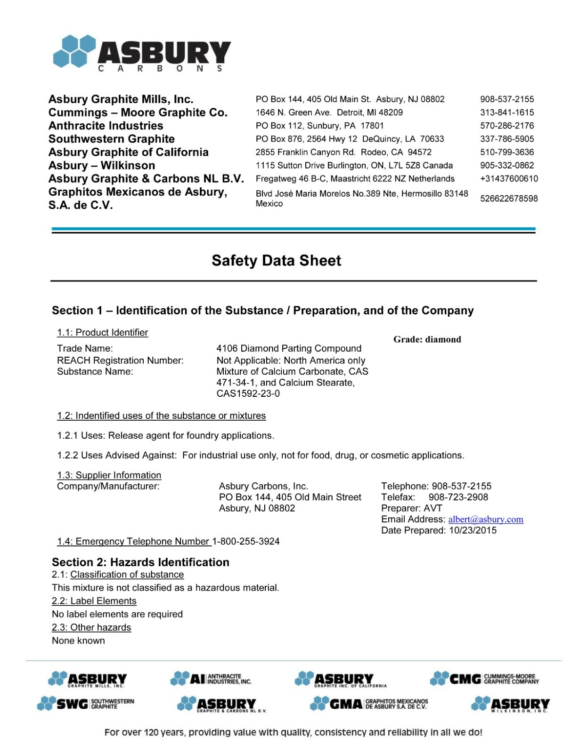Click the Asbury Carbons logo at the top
pyautogui.click(x=141, y=52)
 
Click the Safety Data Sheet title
pyautogui.click(x=276, y=261)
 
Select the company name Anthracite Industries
pyautogui.click(x=106, y=126)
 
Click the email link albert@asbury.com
pyautogui.click(x=485, y=520)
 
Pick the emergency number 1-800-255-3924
pyautogui.click(x=246, y=542)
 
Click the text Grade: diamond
pyautogui.click(x=427, y=340)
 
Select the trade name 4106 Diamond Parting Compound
pyautogui.click(x=289, y=349)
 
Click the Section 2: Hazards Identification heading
pyautogui.click(x=140, y=562)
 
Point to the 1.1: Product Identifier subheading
pyautogui.click(x=102, y=333)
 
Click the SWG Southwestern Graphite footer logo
pyautogui.click(x=86, y=704)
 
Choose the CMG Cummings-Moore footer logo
pyautogui.click(x=484, y=679)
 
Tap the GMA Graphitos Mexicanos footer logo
pyautogui.click(x=369, y=704)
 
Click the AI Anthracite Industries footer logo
pyautogui.click(x=211, y=679)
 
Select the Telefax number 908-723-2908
pyautogui.click(x=458, y=497)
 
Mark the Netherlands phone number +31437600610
pyautogui.click(x=509, y=179)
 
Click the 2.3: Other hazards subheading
pyautogui.click(x=91, y=628)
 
